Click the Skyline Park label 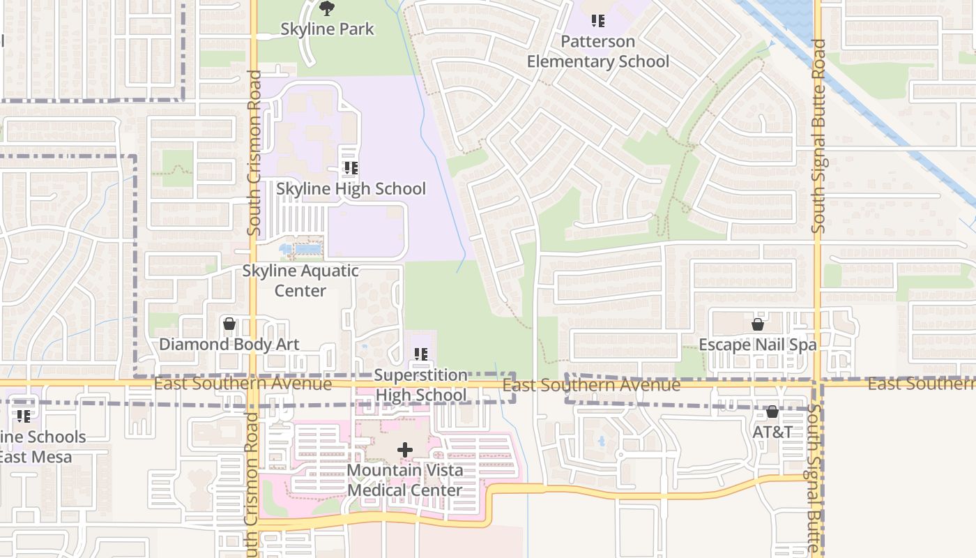click(x=327, y=29)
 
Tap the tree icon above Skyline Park click(x=327, y=8)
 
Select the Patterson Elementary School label click(x=597, y=52)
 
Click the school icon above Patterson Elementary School click(x=597, y=21)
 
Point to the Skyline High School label click(x=351, y=189)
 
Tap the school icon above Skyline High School click(x=351, y=168)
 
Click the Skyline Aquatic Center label click(x=300, y=280)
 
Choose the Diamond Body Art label click(x=229, y=345)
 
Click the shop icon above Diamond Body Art click(x=229, y=324)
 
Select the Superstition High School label click(x=420, y=385)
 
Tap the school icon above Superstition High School click(x=420, y=354)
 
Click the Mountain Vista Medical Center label click(x=405, y=480)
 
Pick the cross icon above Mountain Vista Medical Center click(x=405, y=450)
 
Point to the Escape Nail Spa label click(x=757, y=345)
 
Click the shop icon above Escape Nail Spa click(x=758, y=324)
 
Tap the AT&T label click(x=772, y=432)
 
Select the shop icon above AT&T click(x=772, y=412)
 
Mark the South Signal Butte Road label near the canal click(x=818, y=136)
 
